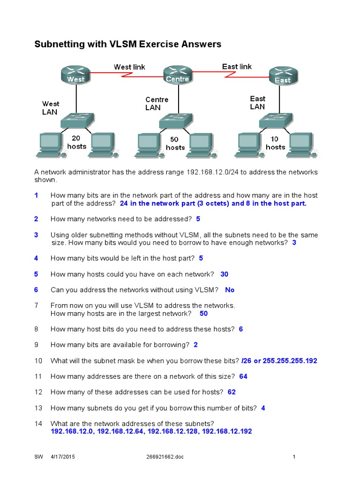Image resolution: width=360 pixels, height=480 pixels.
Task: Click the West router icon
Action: point(75,75)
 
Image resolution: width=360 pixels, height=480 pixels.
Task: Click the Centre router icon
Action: point(177,74)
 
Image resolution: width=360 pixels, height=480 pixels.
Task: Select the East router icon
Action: point(282,75)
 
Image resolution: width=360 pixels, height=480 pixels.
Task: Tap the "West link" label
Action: point(129,67)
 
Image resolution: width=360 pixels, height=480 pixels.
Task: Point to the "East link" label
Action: point(237,67)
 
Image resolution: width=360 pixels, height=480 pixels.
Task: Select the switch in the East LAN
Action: point(276,121)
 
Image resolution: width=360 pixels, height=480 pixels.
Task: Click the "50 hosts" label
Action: point(175,143)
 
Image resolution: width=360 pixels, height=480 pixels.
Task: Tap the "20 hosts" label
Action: point(76,142)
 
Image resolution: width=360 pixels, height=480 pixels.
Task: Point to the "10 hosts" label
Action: point(275,143)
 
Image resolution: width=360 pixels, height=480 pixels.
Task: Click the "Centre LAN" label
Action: point(157,104)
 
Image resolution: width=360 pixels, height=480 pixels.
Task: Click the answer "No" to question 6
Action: point(230,290)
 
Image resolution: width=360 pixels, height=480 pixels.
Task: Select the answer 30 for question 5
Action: point(224,274)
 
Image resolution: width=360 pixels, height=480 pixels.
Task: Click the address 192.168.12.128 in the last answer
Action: point(172,431)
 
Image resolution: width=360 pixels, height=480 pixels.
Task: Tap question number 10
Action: point(38,360)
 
